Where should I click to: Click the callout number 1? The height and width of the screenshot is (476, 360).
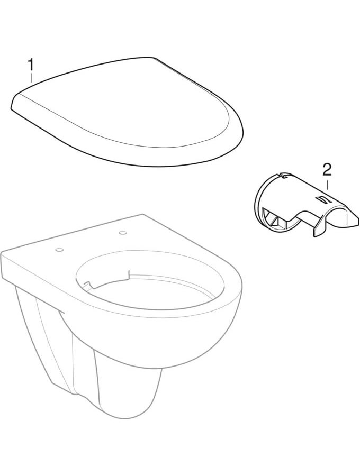(x=31, y=65)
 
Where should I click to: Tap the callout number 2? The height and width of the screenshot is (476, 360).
(x=327, y=170)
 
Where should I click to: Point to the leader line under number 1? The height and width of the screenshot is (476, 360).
(x=31, y=78)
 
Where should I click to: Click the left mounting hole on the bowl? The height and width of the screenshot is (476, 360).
(x=59, y=250)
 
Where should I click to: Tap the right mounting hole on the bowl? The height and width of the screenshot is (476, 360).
(x=123, y=233)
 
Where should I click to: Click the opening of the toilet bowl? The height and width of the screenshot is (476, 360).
(x=149, y=279)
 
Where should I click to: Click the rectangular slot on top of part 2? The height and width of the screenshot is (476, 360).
(x=320, y=199)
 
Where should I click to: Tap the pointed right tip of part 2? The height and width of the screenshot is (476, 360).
(x=358, y=218)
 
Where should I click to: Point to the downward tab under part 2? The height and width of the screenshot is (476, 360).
(x=318, y=227)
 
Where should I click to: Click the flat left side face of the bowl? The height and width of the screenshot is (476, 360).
(x=30, y=268)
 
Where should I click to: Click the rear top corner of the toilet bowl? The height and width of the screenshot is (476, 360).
(x=143, y=215)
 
